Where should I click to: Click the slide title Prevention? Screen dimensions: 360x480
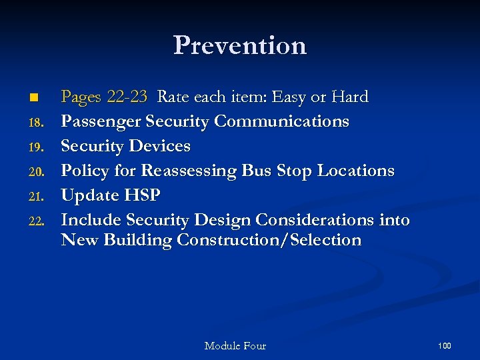click(x=240, y=45)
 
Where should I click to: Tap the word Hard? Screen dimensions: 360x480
click(x=349, y=97)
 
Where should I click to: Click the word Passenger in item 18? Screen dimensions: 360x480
click(x=101, y=121)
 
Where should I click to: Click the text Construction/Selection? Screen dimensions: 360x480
click(x=269, y=241)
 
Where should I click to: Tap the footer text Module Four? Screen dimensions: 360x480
click(x=235, y=346)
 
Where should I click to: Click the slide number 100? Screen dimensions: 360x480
click(x=445, y=345)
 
